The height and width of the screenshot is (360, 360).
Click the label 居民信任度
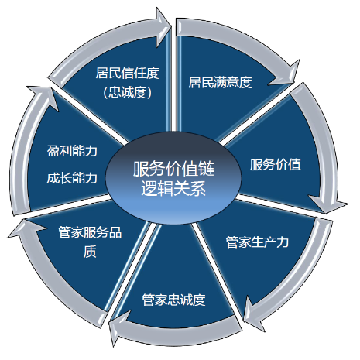point(127,74)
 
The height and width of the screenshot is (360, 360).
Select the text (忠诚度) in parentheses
point(127,92)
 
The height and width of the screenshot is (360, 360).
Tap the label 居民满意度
point(220,82)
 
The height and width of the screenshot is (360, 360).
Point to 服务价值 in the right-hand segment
point(276,164)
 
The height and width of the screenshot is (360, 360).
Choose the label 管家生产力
point(257,242)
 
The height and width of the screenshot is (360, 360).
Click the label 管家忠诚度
point(173,300)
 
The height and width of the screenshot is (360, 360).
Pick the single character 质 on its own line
point(90,252)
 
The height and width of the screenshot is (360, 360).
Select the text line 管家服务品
point(90,232)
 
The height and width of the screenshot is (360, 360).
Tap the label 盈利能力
point(72,151)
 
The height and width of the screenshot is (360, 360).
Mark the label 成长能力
point(72,178)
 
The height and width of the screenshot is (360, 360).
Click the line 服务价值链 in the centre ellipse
point(173,169)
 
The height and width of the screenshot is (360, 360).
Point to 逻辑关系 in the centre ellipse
point(173,188)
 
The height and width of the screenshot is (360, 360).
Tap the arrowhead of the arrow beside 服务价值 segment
point(328,204)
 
